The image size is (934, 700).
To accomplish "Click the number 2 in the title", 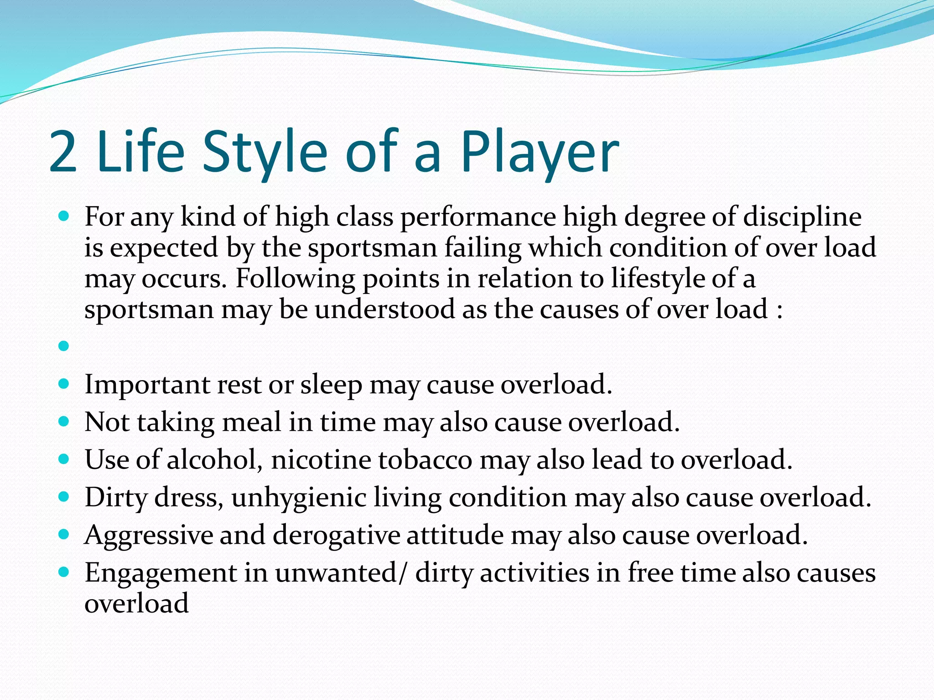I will [63, 153].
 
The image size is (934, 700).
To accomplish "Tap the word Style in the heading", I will [265, 153].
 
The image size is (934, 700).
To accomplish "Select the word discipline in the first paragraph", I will [803, 217].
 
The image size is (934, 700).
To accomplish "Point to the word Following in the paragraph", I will [295, 279].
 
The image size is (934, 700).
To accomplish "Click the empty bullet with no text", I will [64, 346].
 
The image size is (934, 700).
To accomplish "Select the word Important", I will [147, 385].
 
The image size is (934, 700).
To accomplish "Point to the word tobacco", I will [425, 460].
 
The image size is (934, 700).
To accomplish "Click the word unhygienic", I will [299, 498].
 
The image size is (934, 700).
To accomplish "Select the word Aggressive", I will [149, 535].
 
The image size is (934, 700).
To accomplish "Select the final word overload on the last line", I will [136, 603].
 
